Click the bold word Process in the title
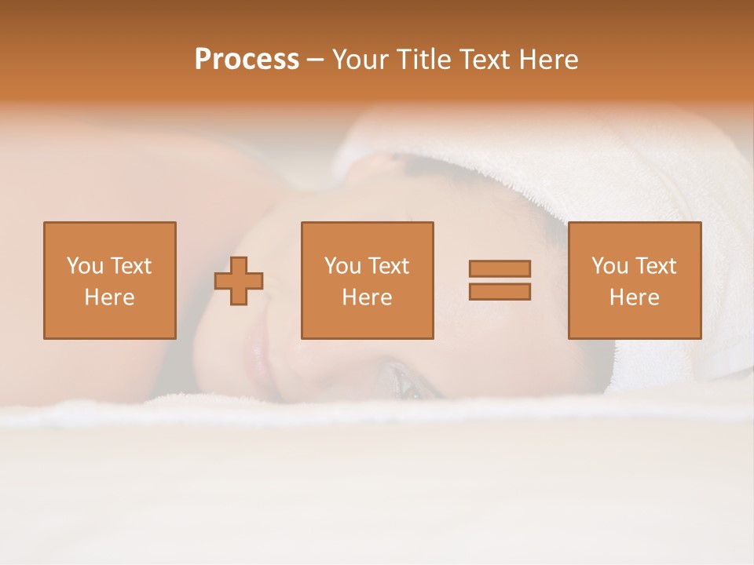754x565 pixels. coord(247,60)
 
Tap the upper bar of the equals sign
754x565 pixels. coord(500,268)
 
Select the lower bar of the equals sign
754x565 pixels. coord(500,291)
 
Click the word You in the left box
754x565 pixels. coord(85,266)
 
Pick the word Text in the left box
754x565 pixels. coord(130,266)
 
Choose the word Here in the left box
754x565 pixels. coord(109,297)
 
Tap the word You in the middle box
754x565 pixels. coord(342,266)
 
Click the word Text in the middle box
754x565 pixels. coord(388,266)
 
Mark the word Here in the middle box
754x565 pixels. coord(367,297)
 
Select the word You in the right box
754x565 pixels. coord(609,266)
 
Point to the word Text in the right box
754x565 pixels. coord(655,266)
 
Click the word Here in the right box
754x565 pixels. coord(634,297)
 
